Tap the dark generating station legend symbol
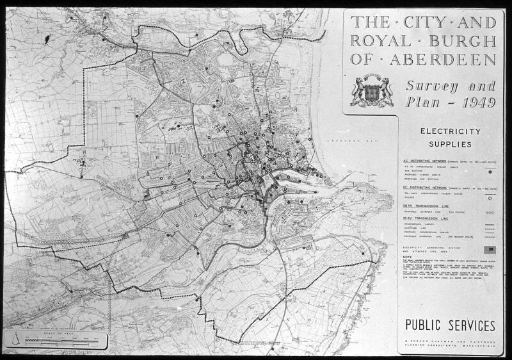click(490, 248)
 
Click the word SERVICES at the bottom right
click(470, 325)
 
